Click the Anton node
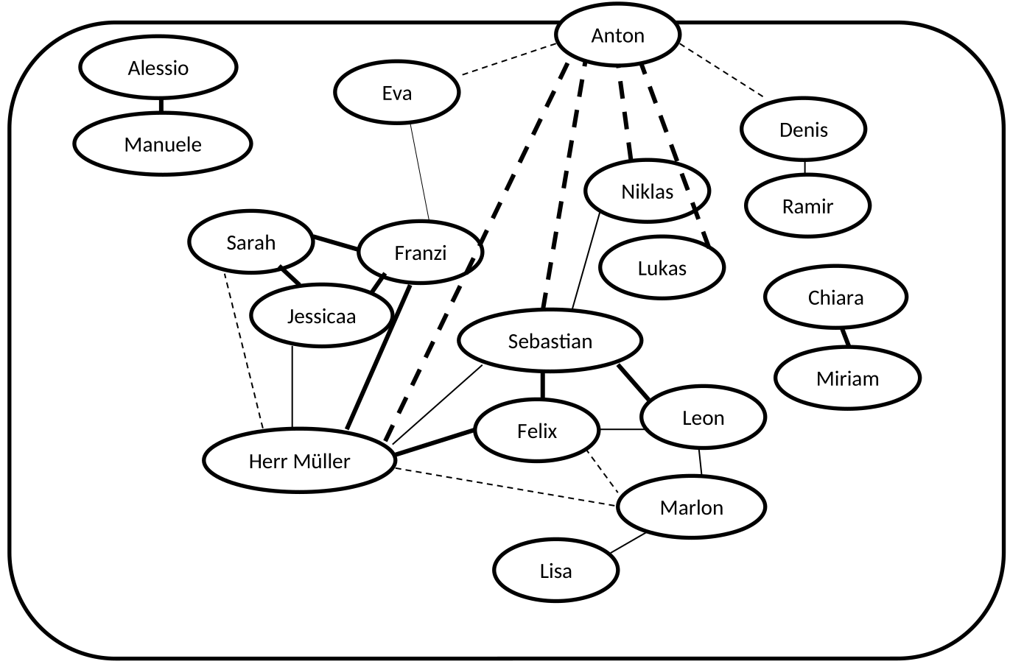tap(617, 35)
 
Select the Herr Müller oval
tap(299, 462)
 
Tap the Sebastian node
tap(550, 341)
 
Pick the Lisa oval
tap(555, 571)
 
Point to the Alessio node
tap(158, 68)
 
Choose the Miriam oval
tap(847, 378)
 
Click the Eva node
tap(397, 93)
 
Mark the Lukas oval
tap(662, 268)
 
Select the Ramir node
tap(807, 206)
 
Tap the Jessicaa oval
tap(321, 317)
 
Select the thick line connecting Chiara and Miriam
tap(844, 337)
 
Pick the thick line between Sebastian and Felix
tap(543, 385)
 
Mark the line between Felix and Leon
tap(620, 429)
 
